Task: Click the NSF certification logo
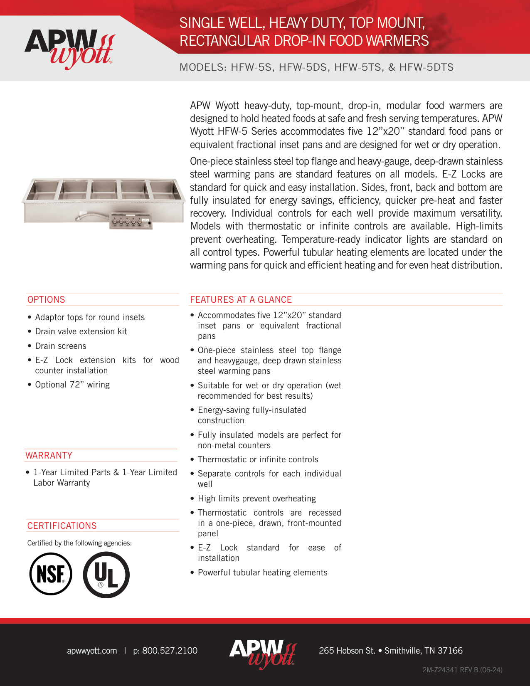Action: [x=51, y=574]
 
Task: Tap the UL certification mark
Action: [x=106, y=575]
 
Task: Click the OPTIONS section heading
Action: [x=46, y=299]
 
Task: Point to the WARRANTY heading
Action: [x=49, y=455]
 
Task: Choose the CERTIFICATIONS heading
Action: [x=62, y=526]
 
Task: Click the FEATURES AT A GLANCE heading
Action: [x=241, y=299]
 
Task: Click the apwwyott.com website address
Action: [x=92, y=651]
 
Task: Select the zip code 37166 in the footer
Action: [x=450, y=651]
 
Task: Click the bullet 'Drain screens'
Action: [x=61, y=346]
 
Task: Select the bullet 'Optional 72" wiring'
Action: [x=72, y=385]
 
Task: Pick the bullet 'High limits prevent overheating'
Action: [x=256, y=498]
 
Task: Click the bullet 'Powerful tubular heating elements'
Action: [x=262, y=572]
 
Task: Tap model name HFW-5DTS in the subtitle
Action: [x=426, y=67]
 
